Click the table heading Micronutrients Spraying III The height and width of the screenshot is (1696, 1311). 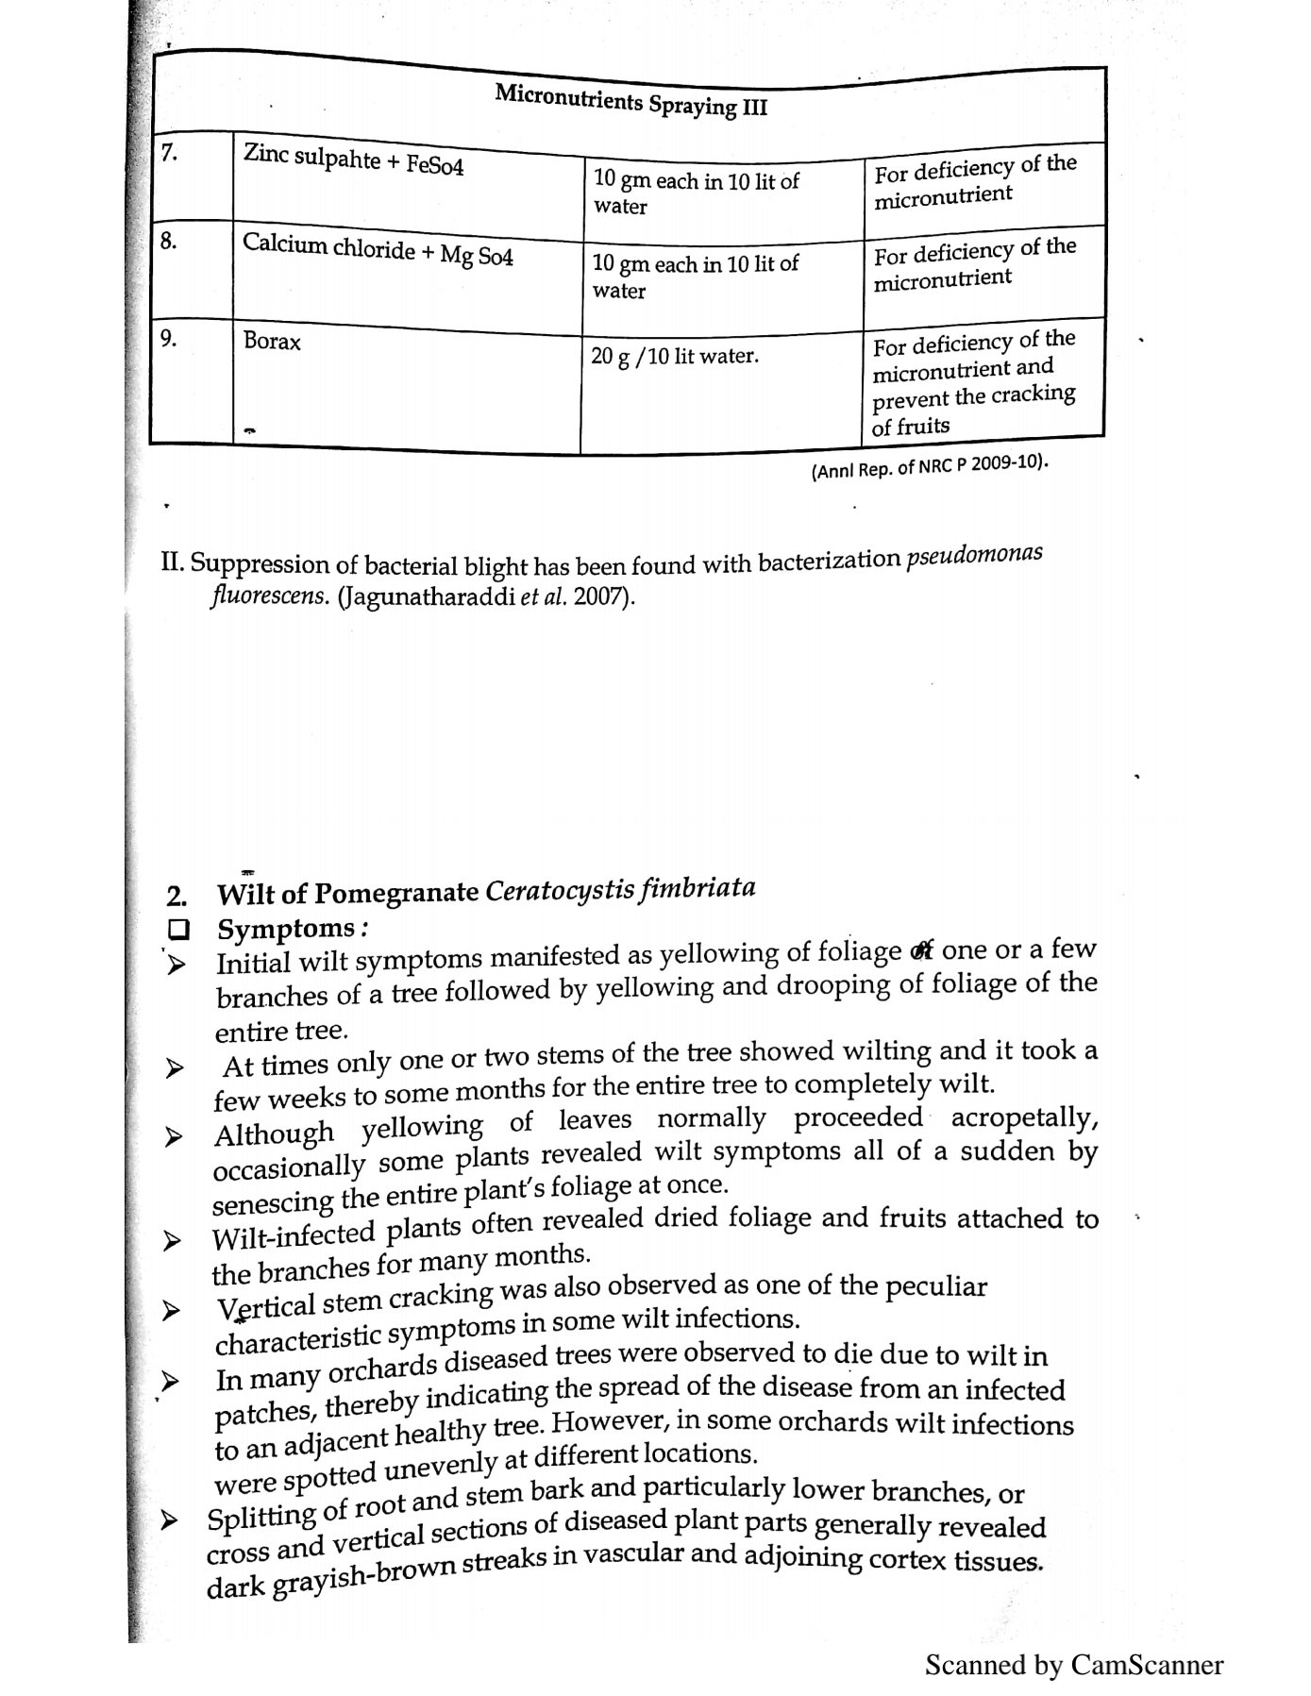tap(630, 99)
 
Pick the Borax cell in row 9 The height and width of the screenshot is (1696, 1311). tap(272, 342)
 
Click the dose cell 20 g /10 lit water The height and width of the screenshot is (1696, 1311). tap(674, 357)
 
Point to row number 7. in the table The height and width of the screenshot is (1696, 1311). tap(169, 153)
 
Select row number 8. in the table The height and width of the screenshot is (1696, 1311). tap(168, 241)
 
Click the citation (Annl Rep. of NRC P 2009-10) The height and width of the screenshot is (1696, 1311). tap(930, 466)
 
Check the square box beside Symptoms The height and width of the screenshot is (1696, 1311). tap(176, 930)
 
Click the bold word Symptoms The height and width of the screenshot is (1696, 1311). tap(286, 929)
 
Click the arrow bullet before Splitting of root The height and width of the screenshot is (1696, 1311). tap(170, 1520)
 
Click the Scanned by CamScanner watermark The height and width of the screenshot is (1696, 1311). tap(1073, 1664)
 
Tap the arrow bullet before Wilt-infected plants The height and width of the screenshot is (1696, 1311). tap(171, 1241)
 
